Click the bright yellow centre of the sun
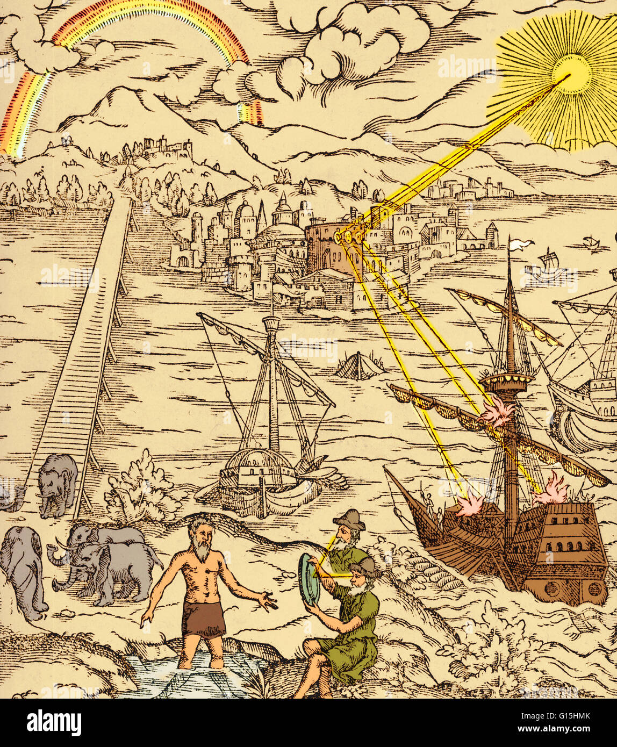[571, 74]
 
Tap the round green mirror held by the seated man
[310, 579]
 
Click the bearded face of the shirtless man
[202, 537]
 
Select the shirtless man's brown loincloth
[203, 619]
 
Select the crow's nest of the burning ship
[506, 381]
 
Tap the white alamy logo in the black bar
[54, 723]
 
